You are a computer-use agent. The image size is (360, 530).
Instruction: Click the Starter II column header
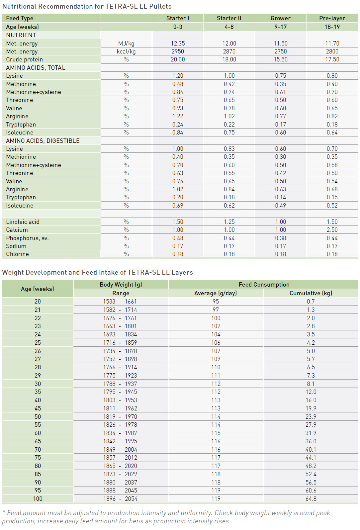(x=229, y=18)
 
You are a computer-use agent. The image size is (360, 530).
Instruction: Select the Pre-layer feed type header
(x=332, y=18)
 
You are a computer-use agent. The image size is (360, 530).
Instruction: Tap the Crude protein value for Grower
(x=280, y=59)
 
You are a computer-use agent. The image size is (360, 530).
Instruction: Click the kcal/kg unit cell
(x=126, y=51)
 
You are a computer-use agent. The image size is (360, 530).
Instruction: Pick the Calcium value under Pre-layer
(x=332, y=230)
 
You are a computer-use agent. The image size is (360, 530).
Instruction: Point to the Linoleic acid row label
(x=23, y=222)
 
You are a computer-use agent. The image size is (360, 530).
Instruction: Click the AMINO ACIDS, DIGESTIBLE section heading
(x=43, y=141)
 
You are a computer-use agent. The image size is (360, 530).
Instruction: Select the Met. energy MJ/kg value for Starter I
(x=178, y=44)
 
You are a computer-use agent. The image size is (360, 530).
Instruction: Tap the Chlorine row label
(x=17, y=254)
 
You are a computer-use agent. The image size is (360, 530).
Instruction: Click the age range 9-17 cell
(x=280, y=27)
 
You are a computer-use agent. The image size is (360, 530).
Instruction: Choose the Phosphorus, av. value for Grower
(x=280, y=238)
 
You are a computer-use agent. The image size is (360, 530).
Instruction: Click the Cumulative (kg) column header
(x=311, y=293)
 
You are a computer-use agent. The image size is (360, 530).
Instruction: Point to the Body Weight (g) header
(x=121, y=285)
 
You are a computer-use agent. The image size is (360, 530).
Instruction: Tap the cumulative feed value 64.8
(x=311, y=499)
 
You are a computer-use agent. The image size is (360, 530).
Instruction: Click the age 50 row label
(x=38, y=417)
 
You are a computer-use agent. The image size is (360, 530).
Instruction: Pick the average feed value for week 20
(x=216, y=302)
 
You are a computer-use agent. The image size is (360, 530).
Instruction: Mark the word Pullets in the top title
(x=160, y=6)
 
